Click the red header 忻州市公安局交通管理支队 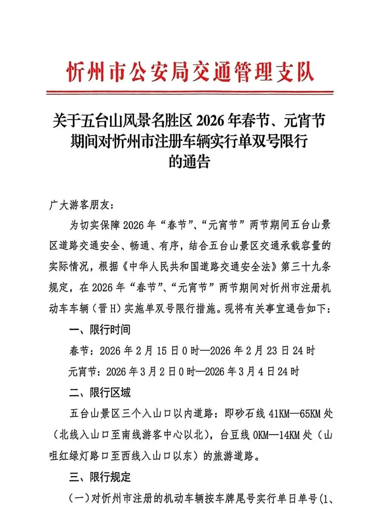pyautogui.click(x=190, y=72)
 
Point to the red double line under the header pyautogui.click(x=190, y=93)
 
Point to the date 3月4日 pyautogui.click(x=256, y=372)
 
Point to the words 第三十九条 pyautogui.click(x=306, y=267)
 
